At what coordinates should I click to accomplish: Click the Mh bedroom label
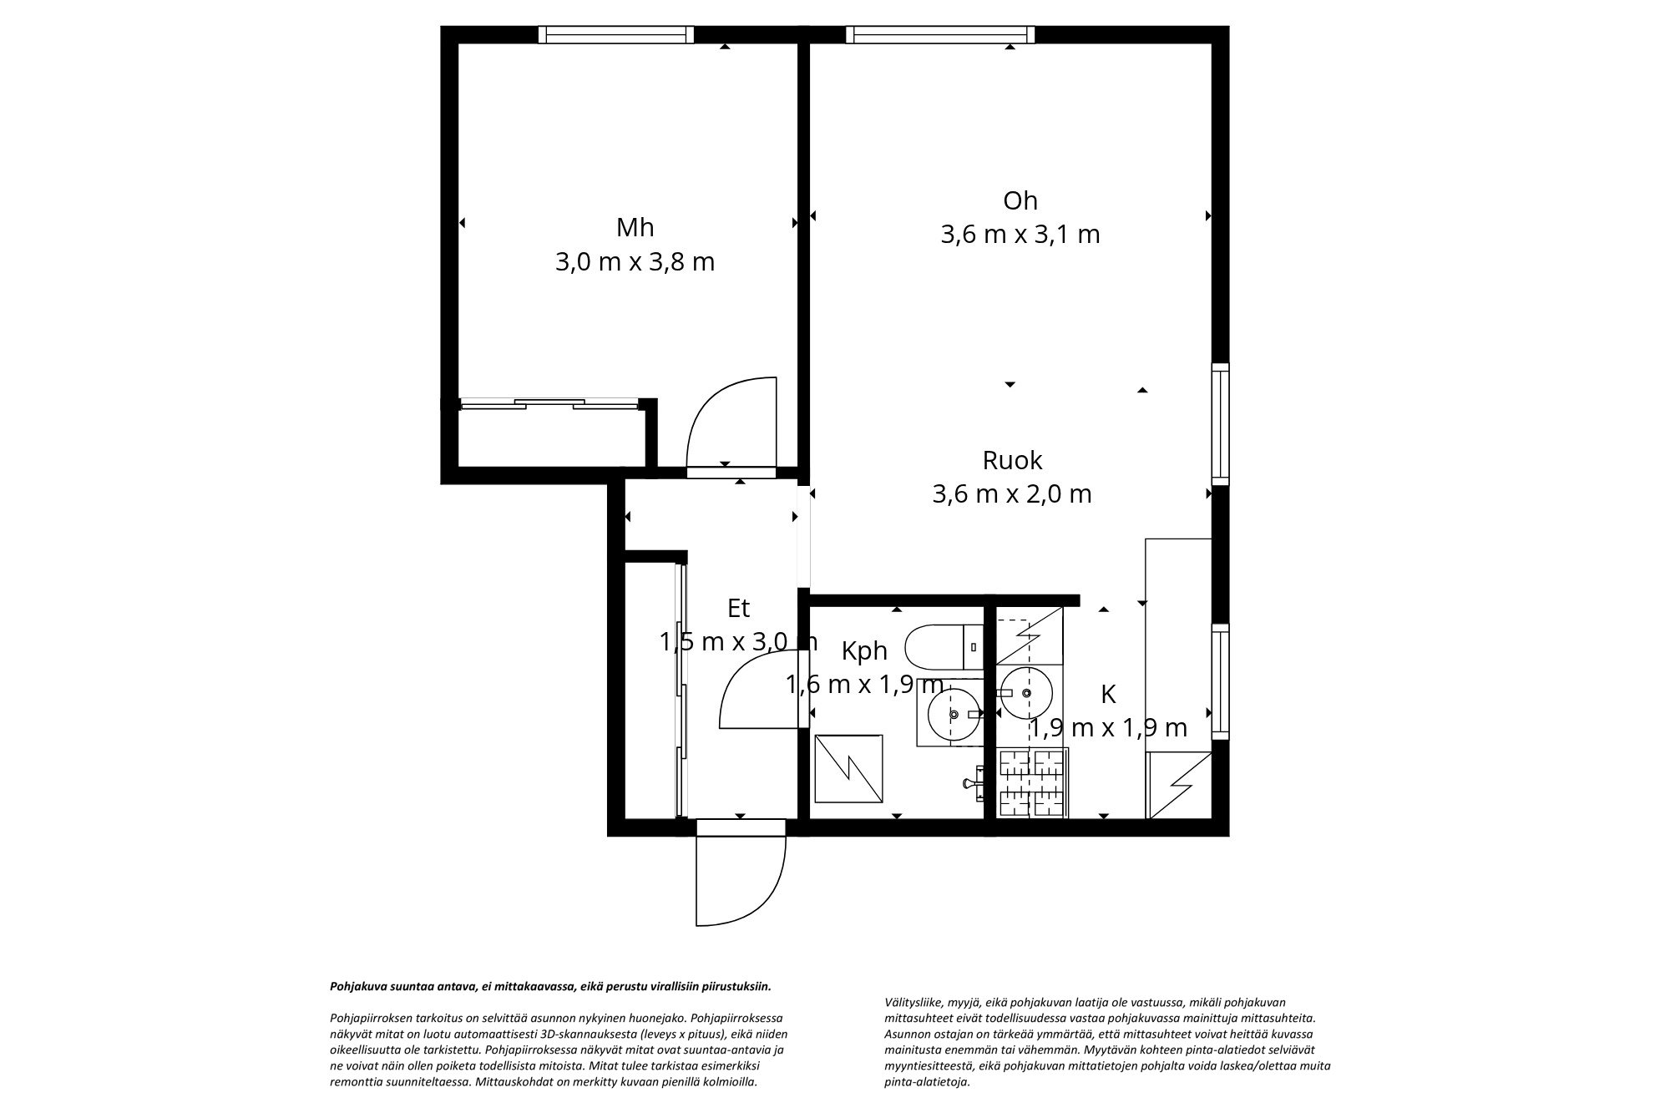(635, 227)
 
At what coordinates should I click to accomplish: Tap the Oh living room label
(1020, 200)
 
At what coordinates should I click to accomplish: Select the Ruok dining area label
(1012, 460)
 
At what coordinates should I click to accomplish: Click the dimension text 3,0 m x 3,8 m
(635, 262)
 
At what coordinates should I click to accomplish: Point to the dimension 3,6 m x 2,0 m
(1012, 494)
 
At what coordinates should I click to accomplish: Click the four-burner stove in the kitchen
(1034, 782)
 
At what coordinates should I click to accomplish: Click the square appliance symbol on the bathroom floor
(848, 768)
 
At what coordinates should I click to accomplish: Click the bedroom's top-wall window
(615, 34)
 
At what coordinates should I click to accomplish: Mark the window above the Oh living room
(939, 34)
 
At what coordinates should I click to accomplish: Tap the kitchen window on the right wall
(1221, 680)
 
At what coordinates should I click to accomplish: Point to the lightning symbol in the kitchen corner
(1180, 785)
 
